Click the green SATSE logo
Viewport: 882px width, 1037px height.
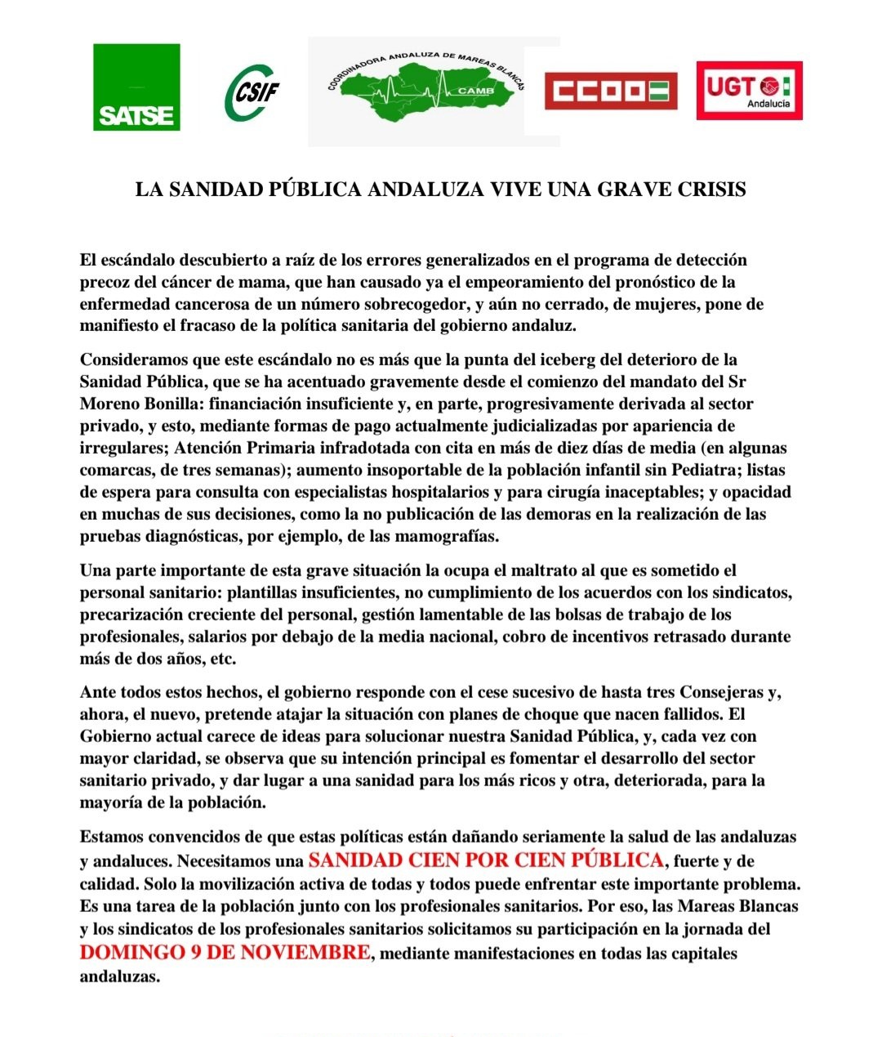pyautogui.click(x=136, y=87)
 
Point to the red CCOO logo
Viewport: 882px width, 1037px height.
pyautogui.click(x=611, y=91)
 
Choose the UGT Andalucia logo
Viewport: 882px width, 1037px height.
pyautogui.click(x=749, y=91)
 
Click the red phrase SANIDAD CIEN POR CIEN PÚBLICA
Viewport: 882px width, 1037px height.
pyautogui.click(x=486, y=860)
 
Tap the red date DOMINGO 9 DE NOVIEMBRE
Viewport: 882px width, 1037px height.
pyautogui.click(x=225, y=952)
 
